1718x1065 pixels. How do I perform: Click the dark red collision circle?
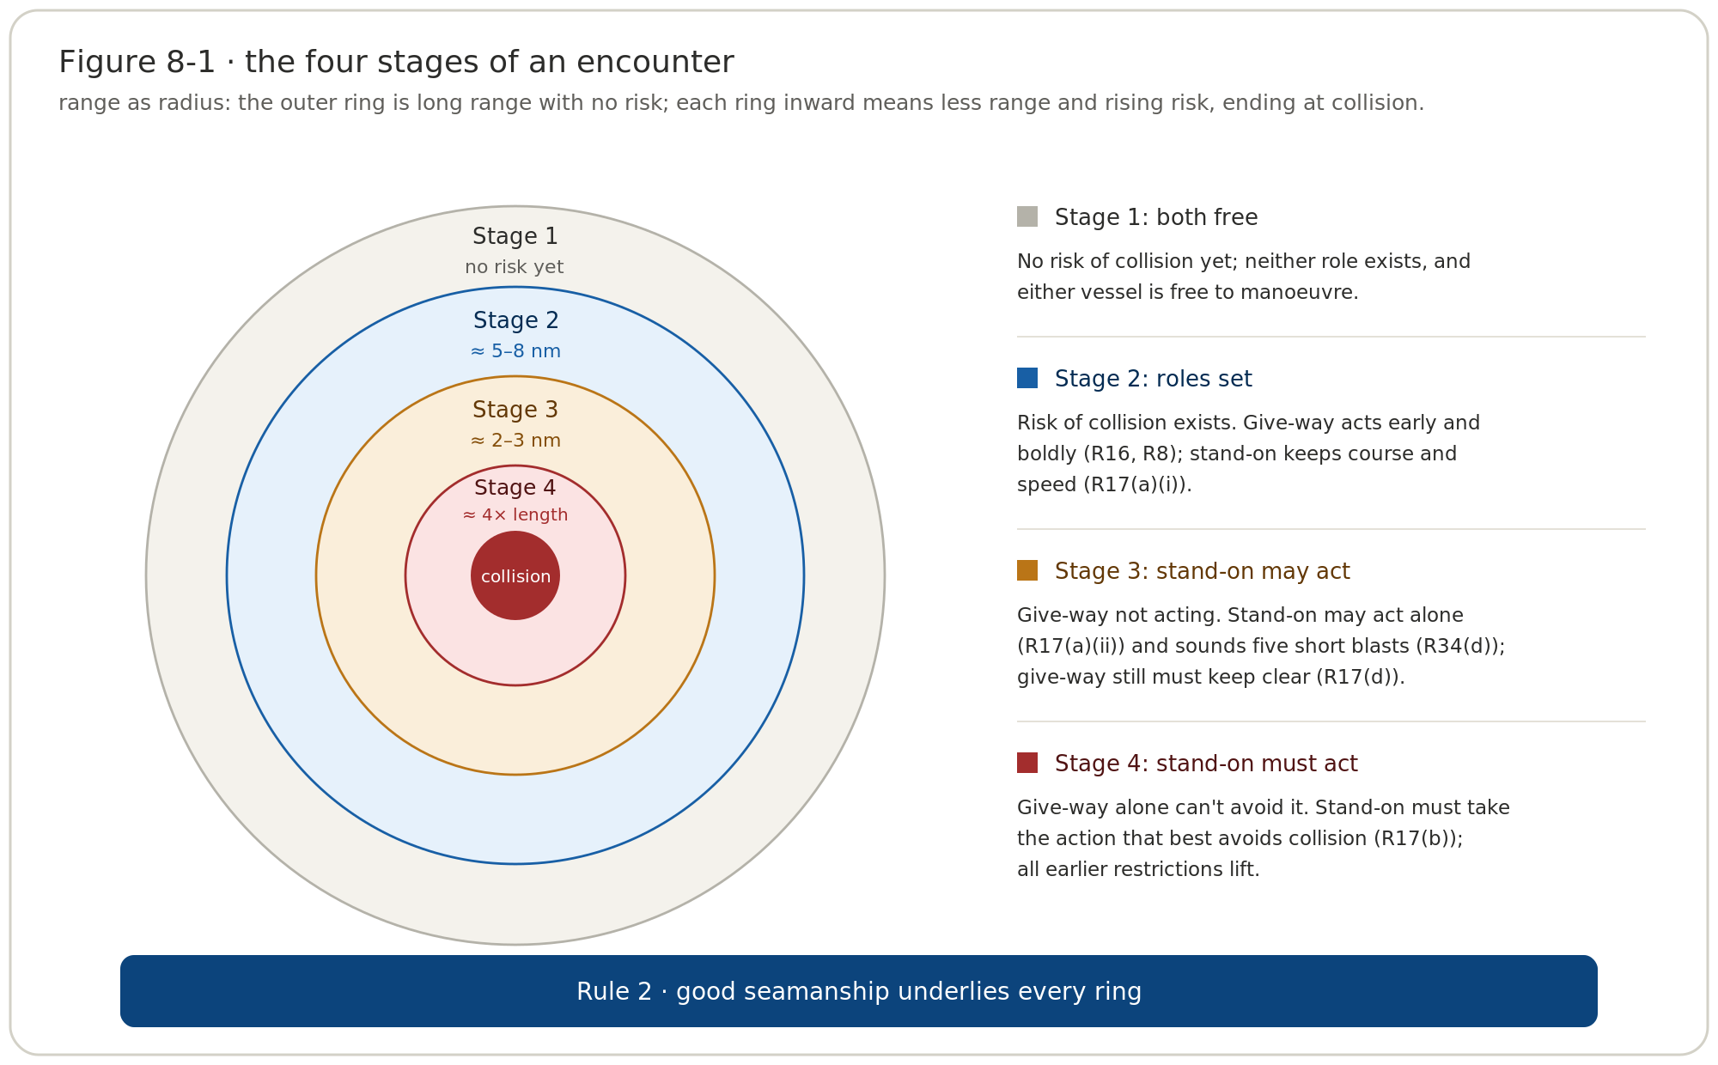click(x=515, y=575)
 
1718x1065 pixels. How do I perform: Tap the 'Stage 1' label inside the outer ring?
click(x=515, y=236)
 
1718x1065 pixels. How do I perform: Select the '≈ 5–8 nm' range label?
click(x=515, y=351)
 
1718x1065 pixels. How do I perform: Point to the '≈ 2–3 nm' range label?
click(x=515, y=441)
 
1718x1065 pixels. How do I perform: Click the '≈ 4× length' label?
click(x=515, y=515)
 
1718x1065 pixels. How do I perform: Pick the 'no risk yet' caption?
click(x=515, y=267)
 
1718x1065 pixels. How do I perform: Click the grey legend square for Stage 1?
click(x=1027, y=216)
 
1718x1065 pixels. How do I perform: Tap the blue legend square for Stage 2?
click(x=1027, y=378)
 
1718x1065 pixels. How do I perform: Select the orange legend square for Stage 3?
click(x=1027, y=570)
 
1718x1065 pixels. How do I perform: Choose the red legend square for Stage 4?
click(x=1027, y=763)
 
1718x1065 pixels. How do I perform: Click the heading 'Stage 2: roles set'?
click(x=1154, y=379)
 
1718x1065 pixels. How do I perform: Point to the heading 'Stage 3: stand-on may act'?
click(x=1203, y=571)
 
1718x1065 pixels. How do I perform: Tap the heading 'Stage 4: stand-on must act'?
click(x=1206, y=764)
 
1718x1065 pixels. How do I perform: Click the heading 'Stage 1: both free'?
click(x=1156, y=217)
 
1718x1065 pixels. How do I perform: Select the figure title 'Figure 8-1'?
click(x=137, y=63)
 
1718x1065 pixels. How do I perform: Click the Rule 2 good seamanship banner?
click(x=859, y=991)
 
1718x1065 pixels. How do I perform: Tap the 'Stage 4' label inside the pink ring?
click(x=515, y=488)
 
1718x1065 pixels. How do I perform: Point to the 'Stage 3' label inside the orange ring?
click(x=515, y=410)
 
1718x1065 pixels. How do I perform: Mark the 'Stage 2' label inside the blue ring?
click(x=515, y=320)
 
